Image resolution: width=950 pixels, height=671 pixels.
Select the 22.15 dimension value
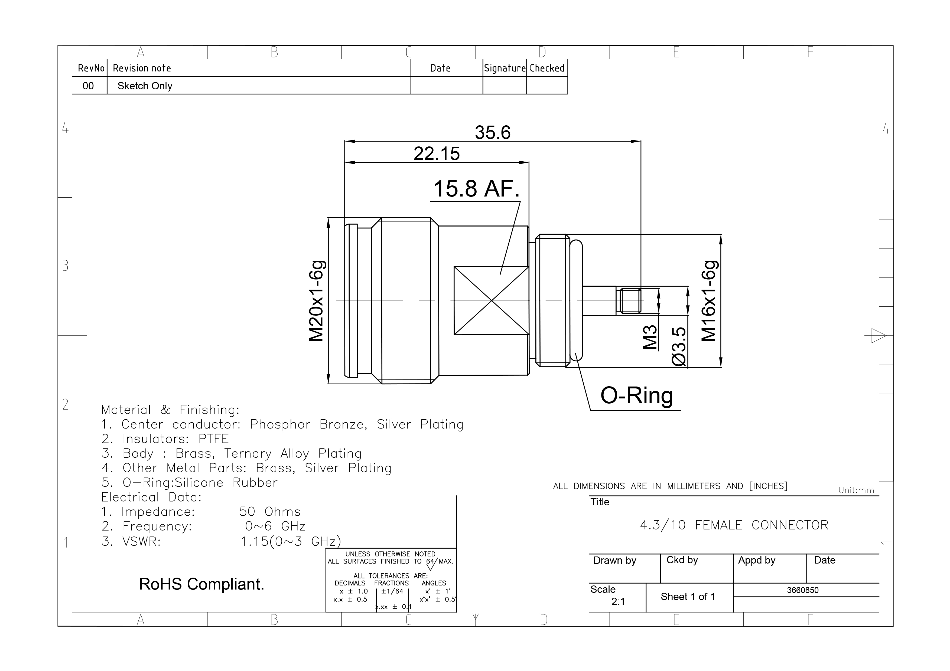point(437,153)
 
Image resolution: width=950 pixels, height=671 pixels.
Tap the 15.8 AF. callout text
point(476,189)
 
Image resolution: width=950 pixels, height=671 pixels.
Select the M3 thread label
point(650,337)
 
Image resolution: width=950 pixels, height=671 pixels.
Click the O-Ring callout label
point(637,396)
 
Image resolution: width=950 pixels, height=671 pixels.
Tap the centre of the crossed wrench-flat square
point(492,300)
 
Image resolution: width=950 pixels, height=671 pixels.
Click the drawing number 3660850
point(803,590)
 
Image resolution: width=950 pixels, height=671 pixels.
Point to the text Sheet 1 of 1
point(688,597)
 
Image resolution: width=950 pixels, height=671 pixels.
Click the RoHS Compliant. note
point(201,584)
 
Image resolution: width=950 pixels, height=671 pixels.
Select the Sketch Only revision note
point(145,86)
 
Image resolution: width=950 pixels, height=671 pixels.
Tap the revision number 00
point(88,86)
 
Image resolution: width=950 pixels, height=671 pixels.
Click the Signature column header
point(505,68)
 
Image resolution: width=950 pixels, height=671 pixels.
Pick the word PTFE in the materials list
point(213,439)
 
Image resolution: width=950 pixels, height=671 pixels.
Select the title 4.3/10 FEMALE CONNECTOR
point(734,525)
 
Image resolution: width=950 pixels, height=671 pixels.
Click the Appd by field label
point(757,561)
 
